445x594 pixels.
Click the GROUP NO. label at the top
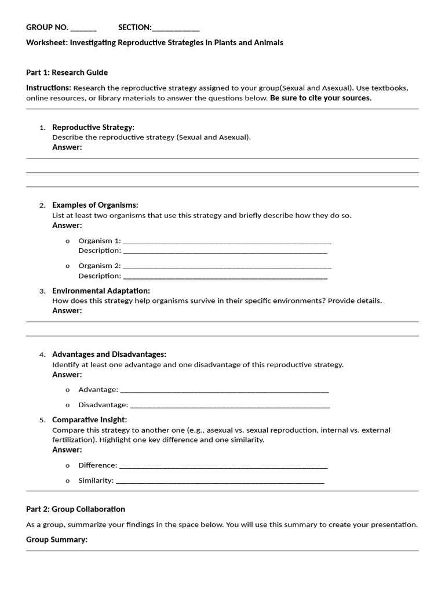point(47,27)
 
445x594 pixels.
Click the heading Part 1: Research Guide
point(67,73)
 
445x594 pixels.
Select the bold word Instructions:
point(49,88)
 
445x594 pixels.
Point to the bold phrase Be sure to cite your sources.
point(320,98)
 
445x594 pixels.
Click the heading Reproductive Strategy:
point(93,127)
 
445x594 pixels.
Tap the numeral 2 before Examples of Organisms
point(42,205)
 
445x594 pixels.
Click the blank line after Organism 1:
point(227,242)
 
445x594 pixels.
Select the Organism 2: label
point(100,266)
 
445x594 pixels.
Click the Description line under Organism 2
point(225,277)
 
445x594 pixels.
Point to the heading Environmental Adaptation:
point(101,291)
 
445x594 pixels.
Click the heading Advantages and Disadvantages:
point(109,354)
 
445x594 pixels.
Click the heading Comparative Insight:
point(89,420)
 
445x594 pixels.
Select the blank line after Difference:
point(223,466)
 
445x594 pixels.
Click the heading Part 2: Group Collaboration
point(75,509)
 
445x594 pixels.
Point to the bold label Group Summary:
point(57,539)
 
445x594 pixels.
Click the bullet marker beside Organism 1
point(68,241)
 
